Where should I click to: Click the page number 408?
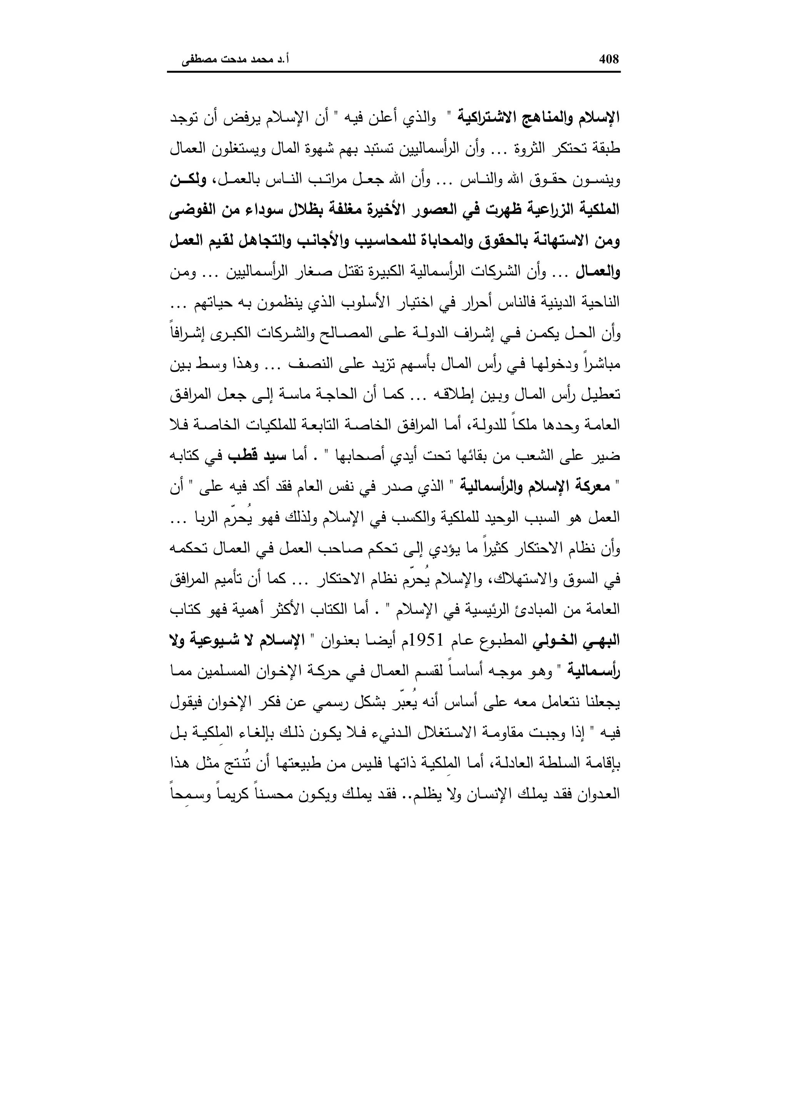(x=609, y=59)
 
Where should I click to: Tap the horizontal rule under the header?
(x=394, y=73)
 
